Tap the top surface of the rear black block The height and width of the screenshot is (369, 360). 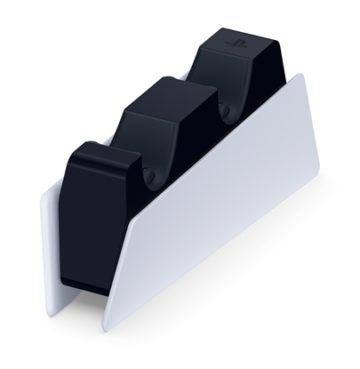tap(233, 44)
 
